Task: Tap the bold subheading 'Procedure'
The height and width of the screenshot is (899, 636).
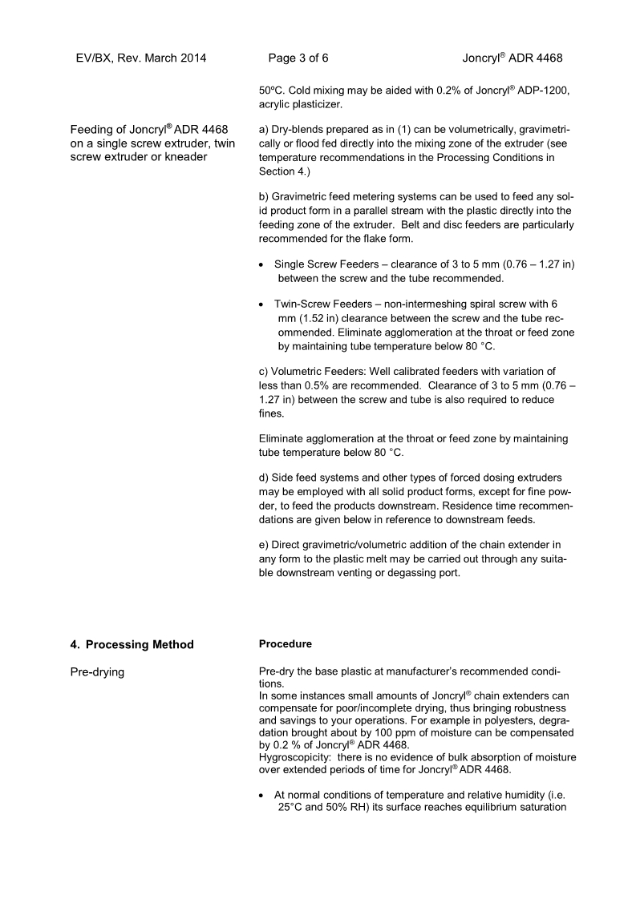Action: (286, 644)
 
